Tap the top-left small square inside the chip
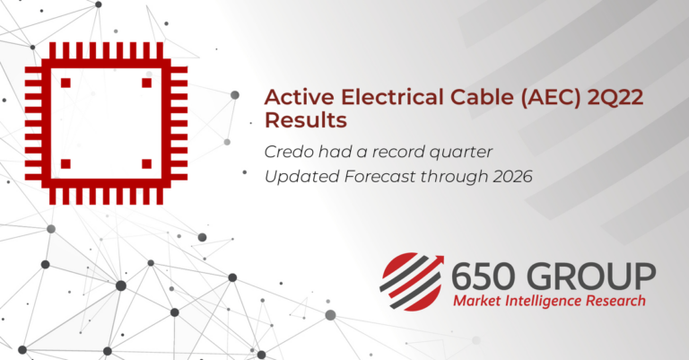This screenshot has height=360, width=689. coord(65,83)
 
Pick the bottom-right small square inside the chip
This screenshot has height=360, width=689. coord(146,163)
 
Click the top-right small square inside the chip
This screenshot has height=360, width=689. coord(146,83)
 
